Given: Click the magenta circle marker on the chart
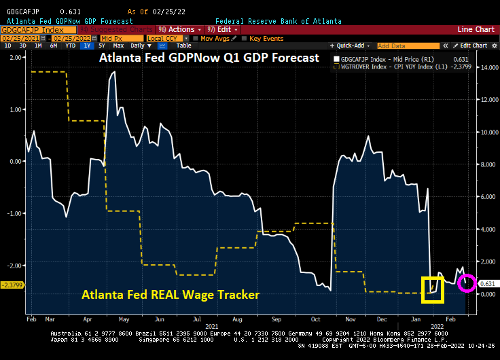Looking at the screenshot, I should coord(467,283).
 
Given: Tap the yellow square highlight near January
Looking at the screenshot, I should coord(432,289).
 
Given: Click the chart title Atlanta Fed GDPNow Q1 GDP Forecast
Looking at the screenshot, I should coord(209,58).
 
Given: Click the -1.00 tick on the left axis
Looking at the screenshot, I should coord(14,213).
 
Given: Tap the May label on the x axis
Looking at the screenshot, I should coord(123,318).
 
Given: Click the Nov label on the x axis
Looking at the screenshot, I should coord(351,318).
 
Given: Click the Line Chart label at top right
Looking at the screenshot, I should coord(476,30).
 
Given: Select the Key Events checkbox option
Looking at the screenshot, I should coord(266,38).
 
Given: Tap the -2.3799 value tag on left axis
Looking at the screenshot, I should coord(13,285).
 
